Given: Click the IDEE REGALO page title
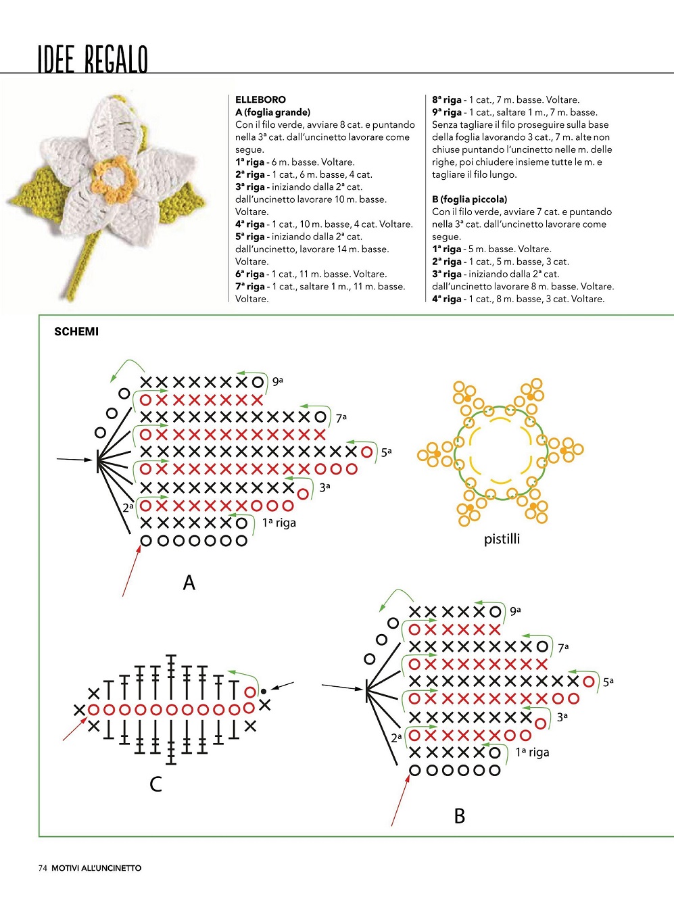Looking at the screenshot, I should (93, 59).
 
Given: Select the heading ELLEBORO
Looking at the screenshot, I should (260, 99).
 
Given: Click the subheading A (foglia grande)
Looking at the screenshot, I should (272, 112).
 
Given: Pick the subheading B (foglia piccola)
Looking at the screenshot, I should (469, 199).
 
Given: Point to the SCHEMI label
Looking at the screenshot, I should (76, 331).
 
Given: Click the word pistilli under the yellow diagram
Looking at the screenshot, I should (502, 539).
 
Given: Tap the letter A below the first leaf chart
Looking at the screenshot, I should (189, 582).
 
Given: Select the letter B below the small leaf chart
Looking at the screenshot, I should (460, 816).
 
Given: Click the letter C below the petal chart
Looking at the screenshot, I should (155, 784).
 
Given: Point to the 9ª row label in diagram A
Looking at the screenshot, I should (278, 381).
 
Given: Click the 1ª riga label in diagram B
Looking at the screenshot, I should (533, 752).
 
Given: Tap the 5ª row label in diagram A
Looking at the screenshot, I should (386, 452).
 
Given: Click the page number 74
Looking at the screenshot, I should (43, 868).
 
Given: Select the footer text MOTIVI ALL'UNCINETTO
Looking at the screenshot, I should (97, 868).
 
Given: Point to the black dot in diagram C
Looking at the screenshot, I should (264, 690).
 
